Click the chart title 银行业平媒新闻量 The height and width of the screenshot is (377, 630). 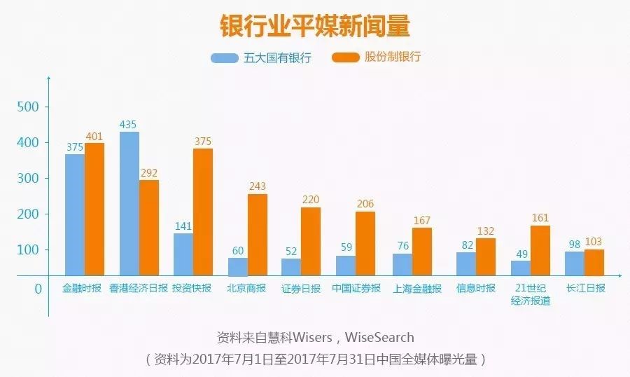(314, 26)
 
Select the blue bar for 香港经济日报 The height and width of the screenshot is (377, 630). (129, 203)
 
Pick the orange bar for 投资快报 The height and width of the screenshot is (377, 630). (202, 211)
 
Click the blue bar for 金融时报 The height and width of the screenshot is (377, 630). (75, 214)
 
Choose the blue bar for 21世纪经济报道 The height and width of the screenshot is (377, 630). (520, 267)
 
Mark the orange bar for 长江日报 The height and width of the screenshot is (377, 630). (594, 261)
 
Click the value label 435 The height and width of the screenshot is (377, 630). (129, 124)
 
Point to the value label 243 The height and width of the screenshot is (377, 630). (257, 186)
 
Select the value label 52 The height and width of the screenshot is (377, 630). (291, 251)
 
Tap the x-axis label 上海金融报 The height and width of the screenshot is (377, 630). (417, 288)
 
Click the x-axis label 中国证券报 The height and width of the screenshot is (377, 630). (356, 288)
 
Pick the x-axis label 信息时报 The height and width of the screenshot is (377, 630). (475, 288)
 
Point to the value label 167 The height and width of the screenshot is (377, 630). (421, 220)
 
